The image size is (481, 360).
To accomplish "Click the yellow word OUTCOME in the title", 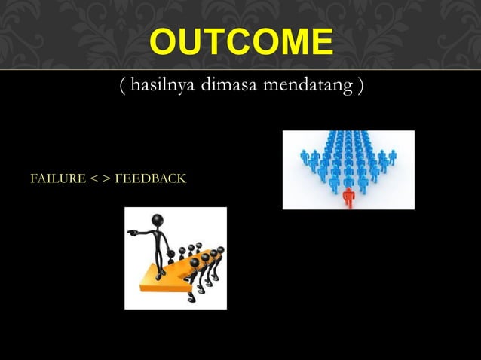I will [240, 42].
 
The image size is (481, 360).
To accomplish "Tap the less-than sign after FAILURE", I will [89, 180].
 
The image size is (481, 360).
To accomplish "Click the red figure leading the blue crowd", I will [348, 197].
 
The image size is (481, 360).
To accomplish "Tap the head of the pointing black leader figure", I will [158, 221].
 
